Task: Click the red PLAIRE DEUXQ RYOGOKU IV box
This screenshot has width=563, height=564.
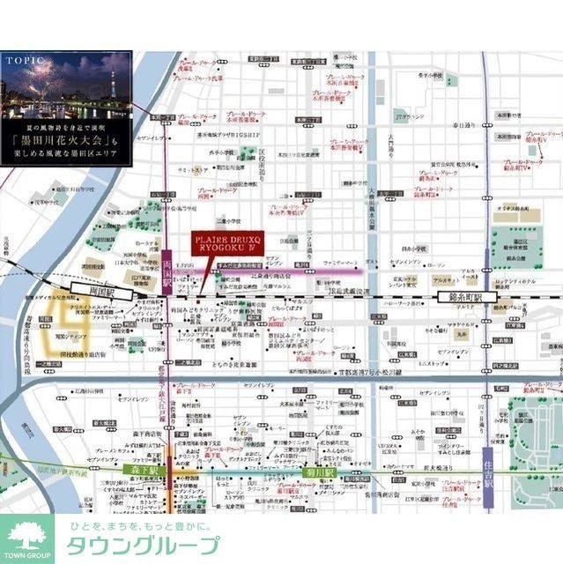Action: point(223,244)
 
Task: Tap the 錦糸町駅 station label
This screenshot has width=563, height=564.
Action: point(465,297)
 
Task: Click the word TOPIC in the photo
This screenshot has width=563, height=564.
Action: point(23,61)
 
